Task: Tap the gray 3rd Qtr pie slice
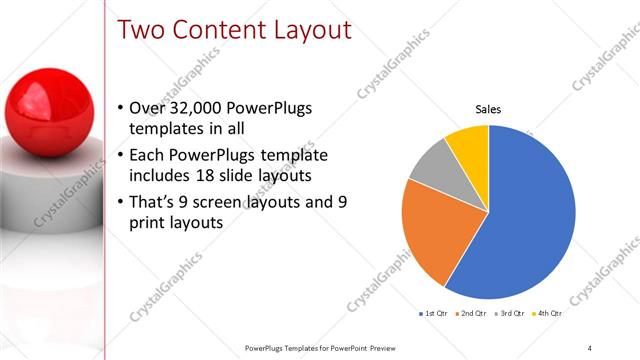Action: pyautogui.click(x=430, y=165)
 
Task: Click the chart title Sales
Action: pyautogui.click(x=488, y=109)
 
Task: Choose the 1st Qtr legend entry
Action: pyautogui.click(x=433, y=314)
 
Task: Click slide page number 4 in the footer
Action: pyautogui.click(x=590, y=347)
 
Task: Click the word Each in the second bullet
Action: pyautogui.click(x=148, y=155)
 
